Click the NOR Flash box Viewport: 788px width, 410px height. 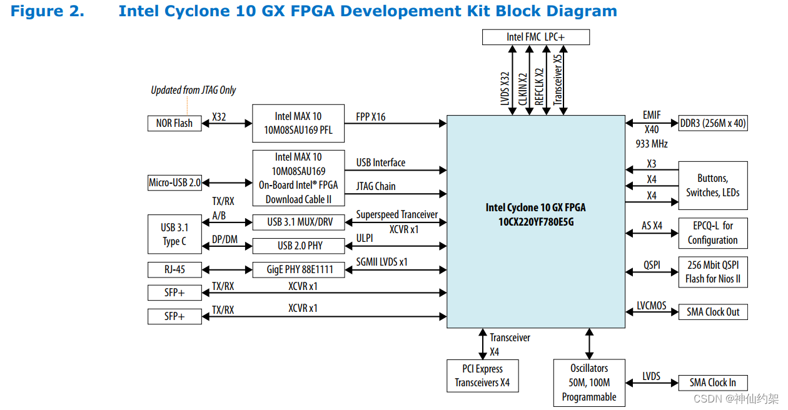[174, 123]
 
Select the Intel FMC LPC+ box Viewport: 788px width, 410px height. [535, 37]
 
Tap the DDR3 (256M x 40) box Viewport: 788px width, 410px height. [713, 123]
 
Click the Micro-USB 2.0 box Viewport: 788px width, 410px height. [174, 182]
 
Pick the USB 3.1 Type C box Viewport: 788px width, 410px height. [174, 234]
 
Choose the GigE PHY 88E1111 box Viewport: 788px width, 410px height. [298, 270]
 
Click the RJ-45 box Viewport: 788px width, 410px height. [174, 270]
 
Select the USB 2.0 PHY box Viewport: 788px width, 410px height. [298, 246]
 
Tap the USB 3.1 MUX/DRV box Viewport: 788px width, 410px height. [298, 222]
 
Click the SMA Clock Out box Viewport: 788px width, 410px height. [713, 312]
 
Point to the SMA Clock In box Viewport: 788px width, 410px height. [713, 382]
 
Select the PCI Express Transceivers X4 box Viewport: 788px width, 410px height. [482, 376]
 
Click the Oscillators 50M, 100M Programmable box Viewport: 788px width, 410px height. [589, 382]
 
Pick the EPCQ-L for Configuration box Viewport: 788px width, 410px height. [713, 233]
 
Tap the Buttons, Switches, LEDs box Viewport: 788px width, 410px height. [713, 186]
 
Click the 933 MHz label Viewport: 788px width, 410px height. [652, 144]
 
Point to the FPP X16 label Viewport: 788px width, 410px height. [371, 116]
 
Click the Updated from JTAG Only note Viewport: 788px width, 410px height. [193, 90]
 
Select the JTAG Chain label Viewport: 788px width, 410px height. [376, 186]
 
